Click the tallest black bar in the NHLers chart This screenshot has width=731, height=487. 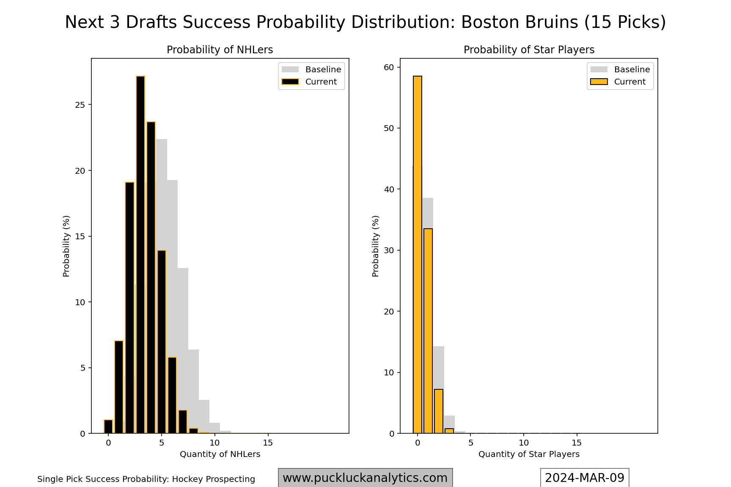(140, 254)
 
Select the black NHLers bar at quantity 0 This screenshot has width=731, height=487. (108, 427)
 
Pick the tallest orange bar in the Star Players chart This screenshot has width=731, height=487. (418, 254)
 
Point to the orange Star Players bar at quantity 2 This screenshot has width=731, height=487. (439, 411)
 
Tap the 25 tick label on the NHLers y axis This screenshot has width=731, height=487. (80, 105)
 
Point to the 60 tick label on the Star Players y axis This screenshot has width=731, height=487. (389, 67)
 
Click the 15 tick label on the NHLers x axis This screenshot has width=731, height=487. (268, 443)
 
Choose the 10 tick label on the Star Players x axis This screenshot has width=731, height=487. (524, 443)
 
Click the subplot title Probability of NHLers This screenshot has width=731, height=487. (220, 50)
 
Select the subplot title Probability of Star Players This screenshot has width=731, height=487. (529, 50)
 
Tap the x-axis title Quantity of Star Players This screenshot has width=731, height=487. (529, 454)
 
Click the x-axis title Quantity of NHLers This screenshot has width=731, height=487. (220, 454)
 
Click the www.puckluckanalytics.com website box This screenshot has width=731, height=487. (365, 478)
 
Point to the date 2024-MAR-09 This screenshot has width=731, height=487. (585, 478)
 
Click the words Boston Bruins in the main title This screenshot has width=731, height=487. (519, 22)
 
